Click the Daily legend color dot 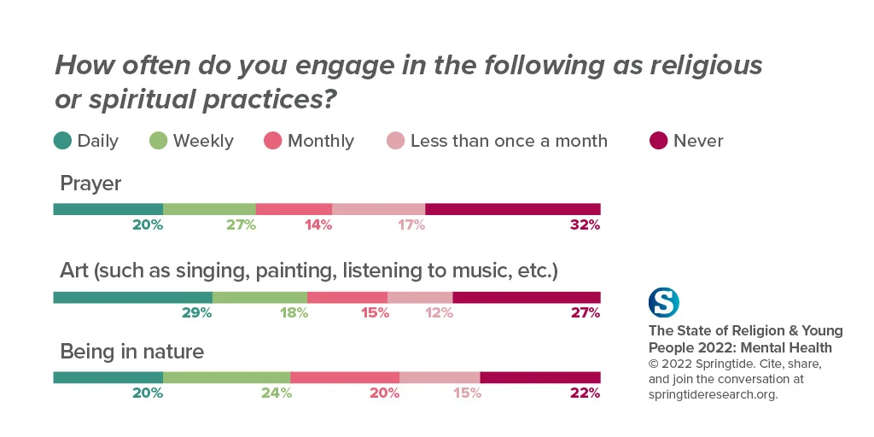click(x=61, y=141)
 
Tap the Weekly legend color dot click(x=158, y=141)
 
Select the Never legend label click(x=698, y=141)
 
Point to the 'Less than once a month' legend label click(x=509, y=141)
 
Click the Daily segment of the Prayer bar click(x=108, y=209)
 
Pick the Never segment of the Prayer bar click(x=512, y=209)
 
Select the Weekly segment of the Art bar click(x=259, y=297)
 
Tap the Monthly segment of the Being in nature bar click(x=345, y=377)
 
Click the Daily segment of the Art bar click(x=132, y=297)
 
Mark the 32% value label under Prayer click(x=586, y=225)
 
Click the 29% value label click(x=196, y=313)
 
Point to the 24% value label click(x=276, y=393)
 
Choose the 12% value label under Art click(x=438, y=313)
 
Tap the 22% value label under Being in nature click(x=586, y=393)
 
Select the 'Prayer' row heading click(x=90, y=184)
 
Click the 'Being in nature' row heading click(x=131, y=352)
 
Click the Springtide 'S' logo click(x=664, y=303)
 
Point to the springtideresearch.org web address click(x=714, y=394)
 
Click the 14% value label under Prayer click(x=317, y=225)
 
